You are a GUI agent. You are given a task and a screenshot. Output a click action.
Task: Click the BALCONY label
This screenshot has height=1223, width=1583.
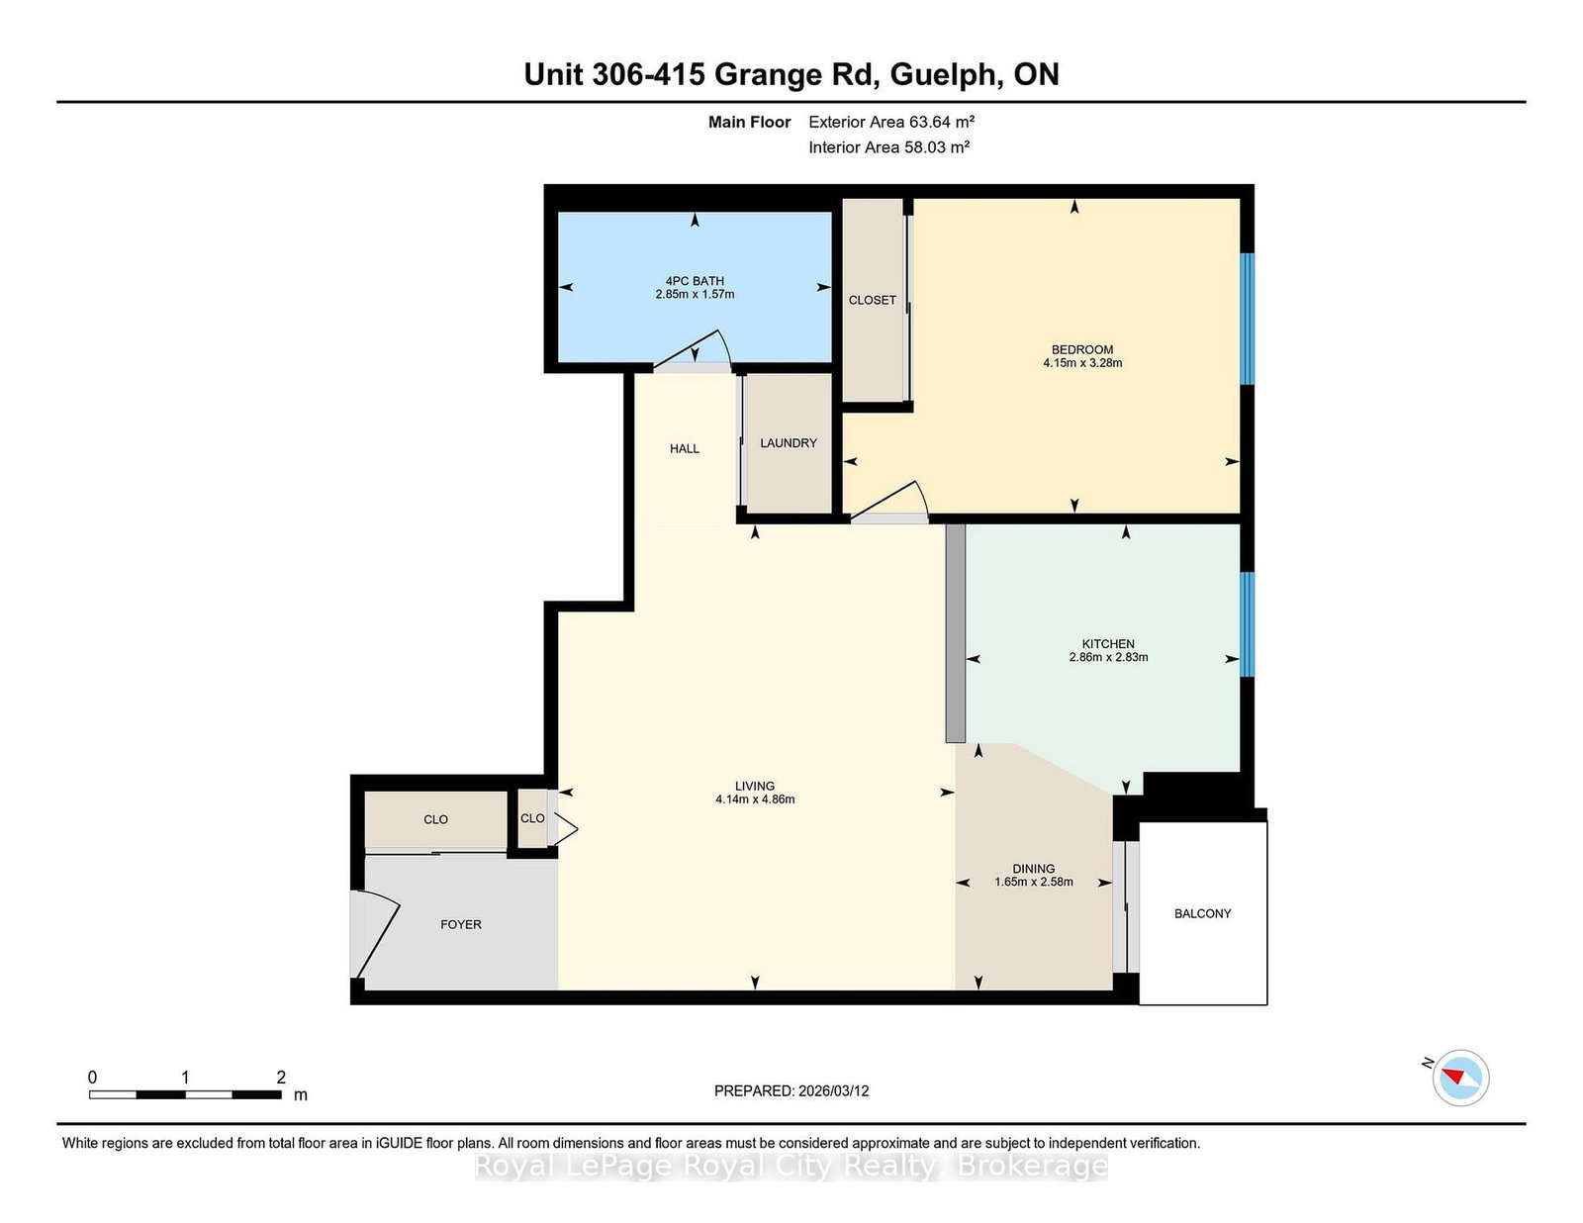(x=1202, y=913)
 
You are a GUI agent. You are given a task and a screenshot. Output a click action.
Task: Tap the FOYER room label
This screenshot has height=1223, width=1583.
(x=460, y=924)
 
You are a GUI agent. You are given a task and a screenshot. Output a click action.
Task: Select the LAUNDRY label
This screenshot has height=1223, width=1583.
(x=789, y=443)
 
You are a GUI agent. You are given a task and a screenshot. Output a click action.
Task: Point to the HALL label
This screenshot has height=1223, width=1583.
(x=684, y=448)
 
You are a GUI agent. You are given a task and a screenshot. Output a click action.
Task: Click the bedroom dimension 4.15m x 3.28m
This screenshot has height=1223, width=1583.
(x=1081, y=363)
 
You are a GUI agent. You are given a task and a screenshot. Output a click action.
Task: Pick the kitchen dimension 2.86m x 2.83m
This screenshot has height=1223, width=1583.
(x=1108, y=657)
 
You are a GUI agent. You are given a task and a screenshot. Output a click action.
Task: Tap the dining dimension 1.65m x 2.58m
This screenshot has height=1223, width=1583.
(x=1033, y=882)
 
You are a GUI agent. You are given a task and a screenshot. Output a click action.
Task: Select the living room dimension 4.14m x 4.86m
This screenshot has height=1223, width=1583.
(x=755, y=800)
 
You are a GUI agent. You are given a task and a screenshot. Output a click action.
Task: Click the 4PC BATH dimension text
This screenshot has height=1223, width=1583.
(x=695, y=294)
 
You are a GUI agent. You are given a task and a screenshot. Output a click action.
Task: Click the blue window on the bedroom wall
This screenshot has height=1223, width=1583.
(x=1248, y=319)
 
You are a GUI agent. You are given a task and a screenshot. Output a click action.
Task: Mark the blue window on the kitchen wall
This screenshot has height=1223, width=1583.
(x=1248, y=624)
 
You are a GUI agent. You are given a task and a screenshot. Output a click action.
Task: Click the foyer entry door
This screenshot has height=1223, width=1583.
(x=376, y=934)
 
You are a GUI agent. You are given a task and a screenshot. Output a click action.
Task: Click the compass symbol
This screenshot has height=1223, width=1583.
(x=1460, y=1078)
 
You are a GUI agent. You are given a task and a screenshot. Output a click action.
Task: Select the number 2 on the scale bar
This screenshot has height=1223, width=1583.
(x=281, y=1077)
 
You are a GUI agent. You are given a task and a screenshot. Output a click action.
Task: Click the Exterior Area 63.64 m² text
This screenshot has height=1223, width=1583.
(x=891, y=122)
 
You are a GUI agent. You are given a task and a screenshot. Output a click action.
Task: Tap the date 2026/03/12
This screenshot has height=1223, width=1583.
(x=834, y=1091)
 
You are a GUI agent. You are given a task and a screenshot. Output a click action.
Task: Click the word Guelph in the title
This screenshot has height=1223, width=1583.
(x=944, y=74)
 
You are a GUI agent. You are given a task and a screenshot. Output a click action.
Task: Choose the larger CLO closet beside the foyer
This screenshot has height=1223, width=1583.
(x=435, y=819)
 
